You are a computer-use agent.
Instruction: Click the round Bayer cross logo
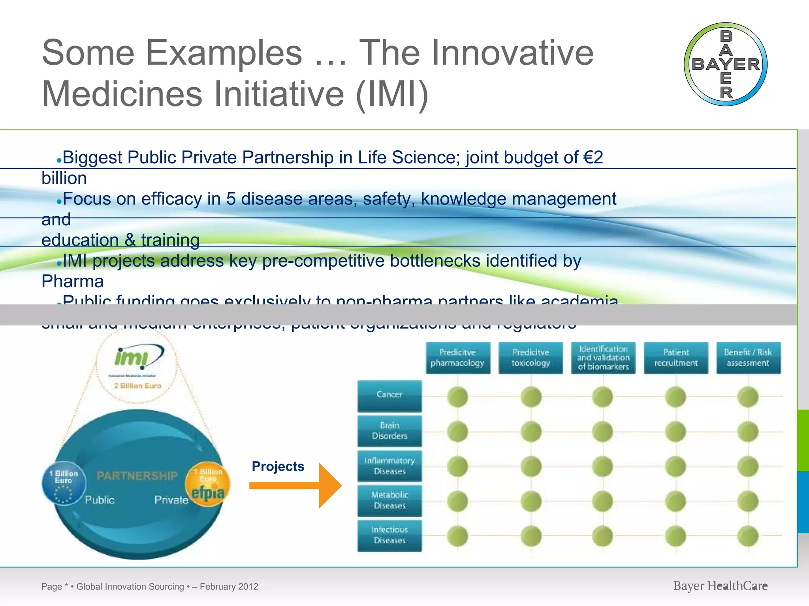(x=726, y=64)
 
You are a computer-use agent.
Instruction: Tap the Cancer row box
(x=389, y=395)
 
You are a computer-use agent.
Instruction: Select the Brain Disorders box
(x=389, y=430)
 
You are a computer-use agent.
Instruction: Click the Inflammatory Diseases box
(x=389, y=466)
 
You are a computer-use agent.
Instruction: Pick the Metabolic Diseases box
(x=389, y=500)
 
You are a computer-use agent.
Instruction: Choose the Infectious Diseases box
(x=389, y=535)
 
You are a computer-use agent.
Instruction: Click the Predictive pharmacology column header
(x=457, y=357)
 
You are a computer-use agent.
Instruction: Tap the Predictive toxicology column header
(x=531, y=357)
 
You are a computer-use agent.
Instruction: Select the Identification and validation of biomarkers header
(x=603, y=357)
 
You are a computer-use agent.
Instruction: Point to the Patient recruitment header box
(x=676, y=357)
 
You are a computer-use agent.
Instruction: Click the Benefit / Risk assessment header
(x=748, y=357)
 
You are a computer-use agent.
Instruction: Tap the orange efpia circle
(x=208, y=484)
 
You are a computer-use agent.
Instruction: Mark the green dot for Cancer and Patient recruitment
(x=675, y=397)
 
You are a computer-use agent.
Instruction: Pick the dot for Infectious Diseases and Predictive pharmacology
(x=457, y=536)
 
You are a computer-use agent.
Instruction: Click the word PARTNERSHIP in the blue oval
(x=137, y=476)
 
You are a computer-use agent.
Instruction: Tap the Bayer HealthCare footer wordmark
(x=720, y=586)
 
